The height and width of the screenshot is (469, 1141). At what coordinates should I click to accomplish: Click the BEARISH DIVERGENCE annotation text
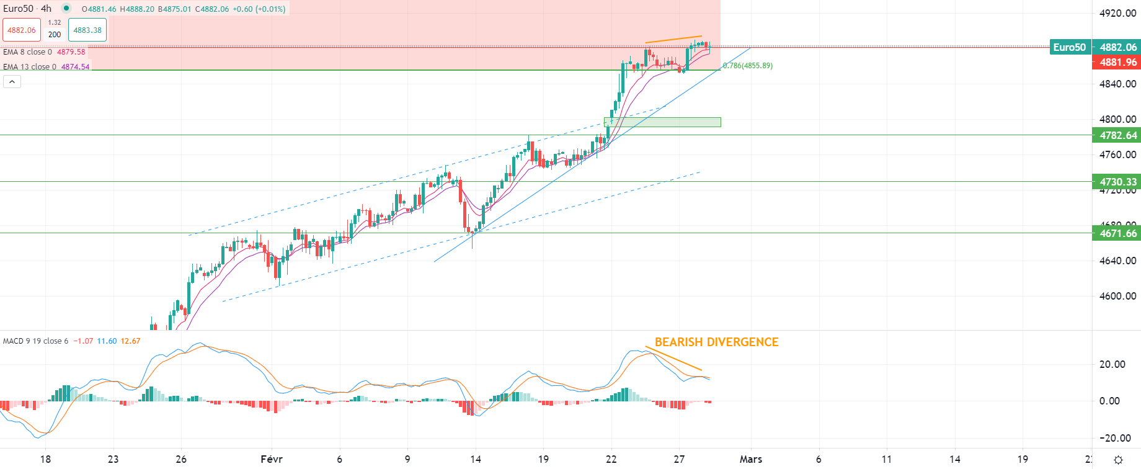[x=716, y=342]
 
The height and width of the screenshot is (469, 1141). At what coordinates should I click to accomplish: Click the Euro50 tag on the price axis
[x=1069, y=47]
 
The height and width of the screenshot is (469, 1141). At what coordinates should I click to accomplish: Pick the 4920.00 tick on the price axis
[x=1117, y=13]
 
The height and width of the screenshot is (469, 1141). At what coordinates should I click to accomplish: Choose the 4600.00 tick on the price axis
[x=1117, y=296]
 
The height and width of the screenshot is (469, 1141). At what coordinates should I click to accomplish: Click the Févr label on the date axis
[x=272, y=459]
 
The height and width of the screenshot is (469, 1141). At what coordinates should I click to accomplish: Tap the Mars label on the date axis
[x=750, y=459]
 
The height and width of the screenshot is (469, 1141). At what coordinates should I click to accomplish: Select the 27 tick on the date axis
[x=679, y=459]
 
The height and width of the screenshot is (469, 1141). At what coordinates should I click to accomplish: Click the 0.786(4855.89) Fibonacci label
[x=748, y=66]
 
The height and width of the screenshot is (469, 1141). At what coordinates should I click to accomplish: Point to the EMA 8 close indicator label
[x=27, y=52]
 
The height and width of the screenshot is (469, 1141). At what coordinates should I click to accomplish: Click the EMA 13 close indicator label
[x=30, y=67]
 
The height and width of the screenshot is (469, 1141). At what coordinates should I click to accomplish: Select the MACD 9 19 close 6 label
[x=35, y=341]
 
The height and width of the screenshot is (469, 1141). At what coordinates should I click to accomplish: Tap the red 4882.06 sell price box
[x=22, y=30]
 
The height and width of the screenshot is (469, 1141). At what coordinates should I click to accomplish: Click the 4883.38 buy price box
[x=87, y=30]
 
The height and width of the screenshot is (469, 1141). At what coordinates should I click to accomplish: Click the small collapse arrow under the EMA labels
[x=12, y=81]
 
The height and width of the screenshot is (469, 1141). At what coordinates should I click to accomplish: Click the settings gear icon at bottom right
[x=1118, y=460]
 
